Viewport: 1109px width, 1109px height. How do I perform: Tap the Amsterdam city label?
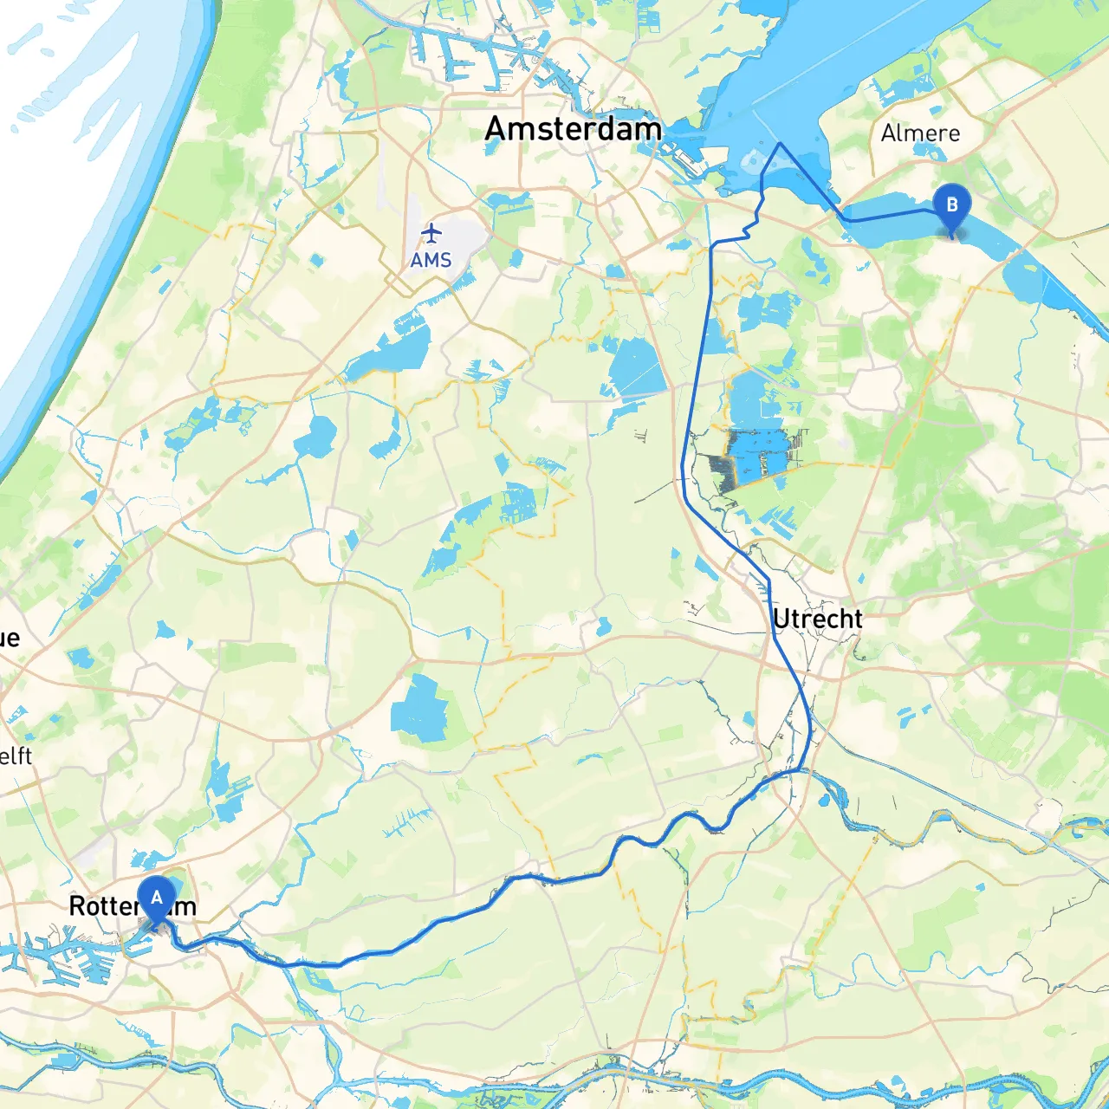tap(573, 129)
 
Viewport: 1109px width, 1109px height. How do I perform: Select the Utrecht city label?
tap(817, 619)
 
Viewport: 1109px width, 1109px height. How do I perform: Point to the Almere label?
tap(920, 133)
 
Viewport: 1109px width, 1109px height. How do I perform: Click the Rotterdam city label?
tap(132, 906)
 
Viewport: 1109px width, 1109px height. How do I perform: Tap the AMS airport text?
tap(431, 260)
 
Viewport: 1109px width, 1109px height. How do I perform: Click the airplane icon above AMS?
tap(431, 233)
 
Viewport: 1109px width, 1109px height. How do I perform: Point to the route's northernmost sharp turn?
tap(780, 143)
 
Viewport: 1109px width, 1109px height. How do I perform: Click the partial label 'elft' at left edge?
tap(16, 756)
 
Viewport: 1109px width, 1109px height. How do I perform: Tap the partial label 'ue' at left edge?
tap(10, 639)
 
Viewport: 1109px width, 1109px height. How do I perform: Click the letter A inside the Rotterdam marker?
tap(156, 898)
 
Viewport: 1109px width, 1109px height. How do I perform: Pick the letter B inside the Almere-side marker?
tap(952, 205)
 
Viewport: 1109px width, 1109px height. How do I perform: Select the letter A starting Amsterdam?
tap(495, 129)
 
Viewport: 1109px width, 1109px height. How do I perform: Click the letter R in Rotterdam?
tap(76, 906)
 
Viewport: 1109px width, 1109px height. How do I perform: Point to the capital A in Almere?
tap(888, 133)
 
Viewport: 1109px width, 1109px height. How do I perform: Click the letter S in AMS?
tap(445, 260)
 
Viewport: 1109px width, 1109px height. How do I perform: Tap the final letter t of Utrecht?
tap(858, 619)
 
